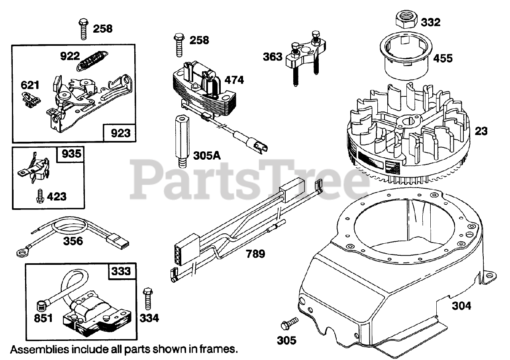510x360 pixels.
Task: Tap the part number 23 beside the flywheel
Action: pyautogui.click(x=481, y=131)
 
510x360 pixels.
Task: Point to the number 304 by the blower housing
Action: pyautogui.click(x=461, y=305)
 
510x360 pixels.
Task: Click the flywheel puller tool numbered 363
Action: pyautogui.click(x=305, y=56)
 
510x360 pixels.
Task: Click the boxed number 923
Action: pyautogui.click(x=120, y=133)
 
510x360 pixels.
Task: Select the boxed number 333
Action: pyautogui.click(x=121, y=271)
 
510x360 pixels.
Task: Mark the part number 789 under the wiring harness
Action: pyautogui.click(x=255, y=253)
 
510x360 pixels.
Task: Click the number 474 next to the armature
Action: pyautogui.click(x=234, y=80)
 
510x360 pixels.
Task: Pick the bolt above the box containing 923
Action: pyautogui.click(x=84, y=28)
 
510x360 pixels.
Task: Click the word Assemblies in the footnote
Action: pyautogui.click(x=38, y=350)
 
